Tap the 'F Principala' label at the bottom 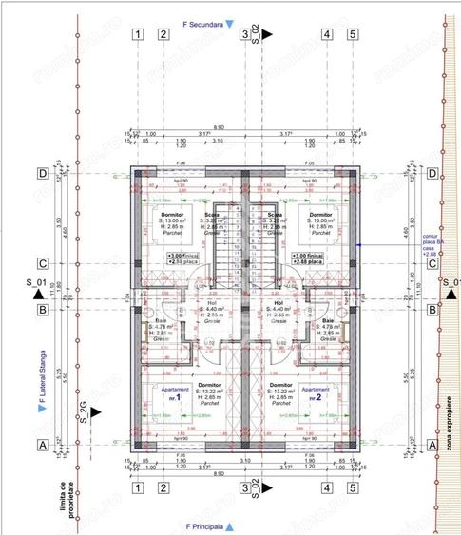coord(209,525)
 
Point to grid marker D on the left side coord(42,174)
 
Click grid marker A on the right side coord(432,444)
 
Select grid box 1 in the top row coord(139,35)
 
